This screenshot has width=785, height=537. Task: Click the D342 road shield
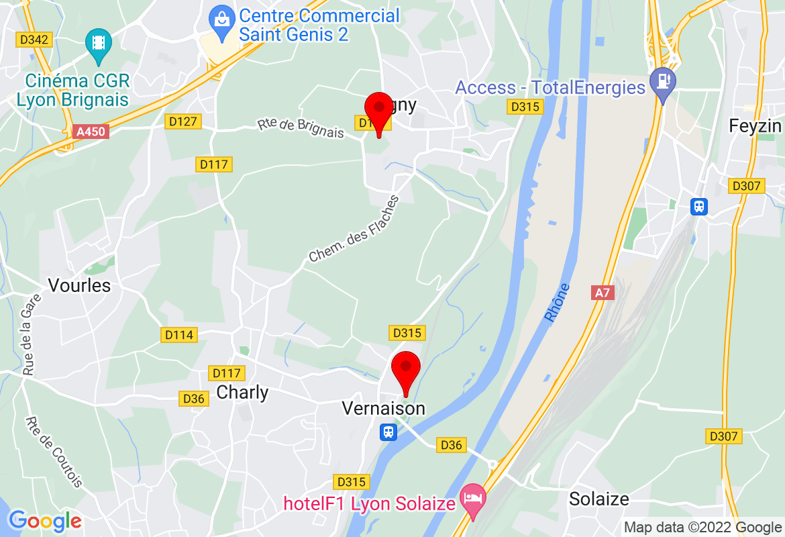pos(34,40)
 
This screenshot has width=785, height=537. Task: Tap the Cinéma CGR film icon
pos(99,42)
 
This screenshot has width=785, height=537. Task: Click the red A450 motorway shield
pos(91,132)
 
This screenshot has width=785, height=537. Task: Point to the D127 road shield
pos(182,121)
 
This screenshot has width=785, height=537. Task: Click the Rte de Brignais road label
pos(300,128)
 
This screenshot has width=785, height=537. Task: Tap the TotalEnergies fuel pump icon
pos(663,82)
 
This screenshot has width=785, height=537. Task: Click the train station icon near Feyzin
pos(699,206)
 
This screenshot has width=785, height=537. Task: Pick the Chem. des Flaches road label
pos(354,229)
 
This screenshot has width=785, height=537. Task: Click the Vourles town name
pos(79,285)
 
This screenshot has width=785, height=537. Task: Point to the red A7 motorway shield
pos(603,293)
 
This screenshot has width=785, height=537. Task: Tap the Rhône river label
pos(557,302)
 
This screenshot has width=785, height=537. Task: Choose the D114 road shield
pos(180,334)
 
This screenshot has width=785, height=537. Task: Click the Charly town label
pos(242,393)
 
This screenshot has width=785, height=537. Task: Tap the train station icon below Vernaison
pos(388,432)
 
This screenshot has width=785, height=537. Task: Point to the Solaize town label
pos(598,499)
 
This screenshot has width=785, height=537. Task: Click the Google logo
pos(45,520)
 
